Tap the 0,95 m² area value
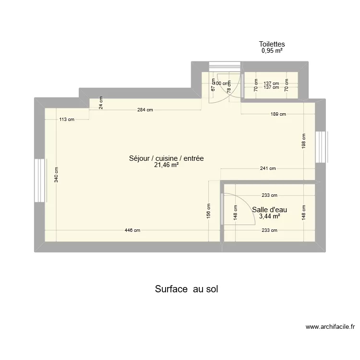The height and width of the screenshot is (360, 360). pyautogui.click(x=272, y=50)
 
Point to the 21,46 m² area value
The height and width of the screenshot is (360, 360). pyautogui.click(x=167, y=165)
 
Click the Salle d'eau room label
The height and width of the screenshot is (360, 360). pyautogui.click(x=269, y=209)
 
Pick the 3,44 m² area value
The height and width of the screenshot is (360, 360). pyautogui.click(x=269, y=216)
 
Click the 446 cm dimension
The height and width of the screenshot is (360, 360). pyautogui.click(x=132, y=230)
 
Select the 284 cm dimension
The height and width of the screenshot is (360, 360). pyautogui.click(x=145, y=110)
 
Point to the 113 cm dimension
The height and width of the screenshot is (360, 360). pyautogui.click(x=67, y=120)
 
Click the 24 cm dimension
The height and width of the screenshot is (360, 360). pyautogui.click(x=101, y=104)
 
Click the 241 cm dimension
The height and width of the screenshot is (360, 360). pyautogui.click(x=268, y=168)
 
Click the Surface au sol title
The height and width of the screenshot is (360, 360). pyautogui.click(x=187, y=289)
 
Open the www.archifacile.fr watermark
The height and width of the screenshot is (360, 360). pyautogui.click(x=330, y=327)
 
